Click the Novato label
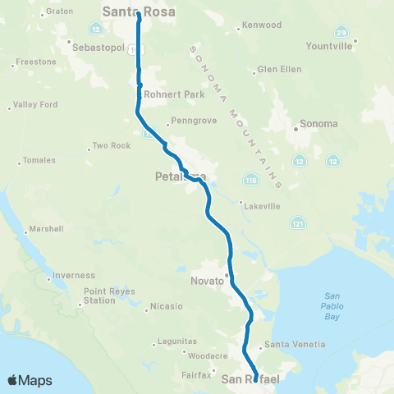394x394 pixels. [208, 282]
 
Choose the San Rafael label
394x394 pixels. [251, 378]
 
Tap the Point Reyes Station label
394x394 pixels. [99, 296]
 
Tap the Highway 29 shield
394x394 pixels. [341, 31]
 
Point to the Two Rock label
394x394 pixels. [112, 145]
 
